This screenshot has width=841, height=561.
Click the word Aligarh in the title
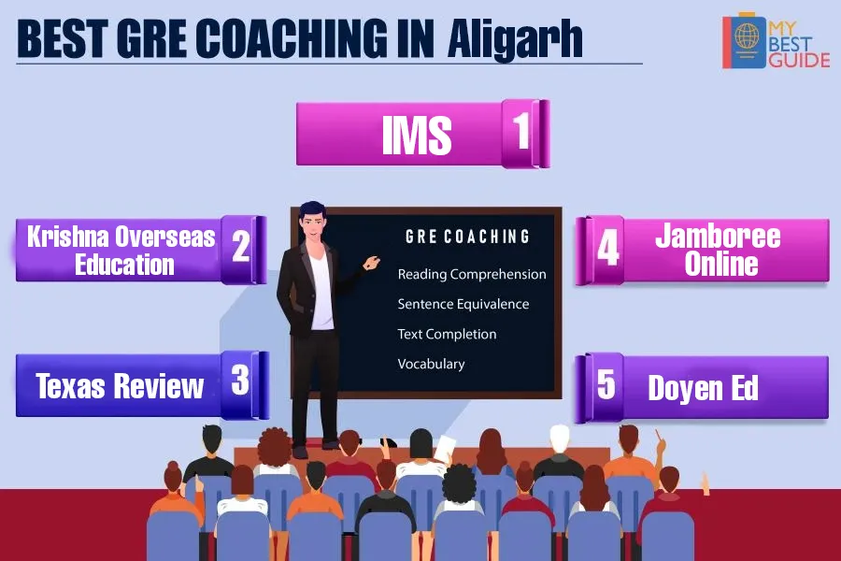[515, 39]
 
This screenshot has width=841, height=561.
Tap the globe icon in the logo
[747, 36]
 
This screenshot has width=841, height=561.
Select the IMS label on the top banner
[417, 135]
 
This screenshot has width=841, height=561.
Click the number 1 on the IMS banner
[521, 131]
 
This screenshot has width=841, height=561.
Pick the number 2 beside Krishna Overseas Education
[241, 247]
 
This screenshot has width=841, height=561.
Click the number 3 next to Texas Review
[240, 380]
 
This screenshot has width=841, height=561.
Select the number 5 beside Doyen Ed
[606, 384]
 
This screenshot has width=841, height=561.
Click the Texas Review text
[120, 386]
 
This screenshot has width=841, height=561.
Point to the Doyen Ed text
[703, 388]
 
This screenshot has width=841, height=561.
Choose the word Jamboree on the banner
[718, 237]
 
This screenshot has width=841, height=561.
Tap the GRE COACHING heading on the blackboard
[468, 237]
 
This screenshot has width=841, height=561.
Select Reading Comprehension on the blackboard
[472, 274]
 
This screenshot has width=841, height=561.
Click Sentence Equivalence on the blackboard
[463, 304]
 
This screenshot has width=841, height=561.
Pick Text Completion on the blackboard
[447, 334]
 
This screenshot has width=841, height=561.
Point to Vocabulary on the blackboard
[431, 364]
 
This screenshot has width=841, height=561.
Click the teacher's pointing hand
[371, 263]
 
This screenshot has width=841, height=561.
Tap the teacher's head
[313, 220]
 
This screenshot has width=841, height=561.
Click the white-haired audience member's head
[560, 439]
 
